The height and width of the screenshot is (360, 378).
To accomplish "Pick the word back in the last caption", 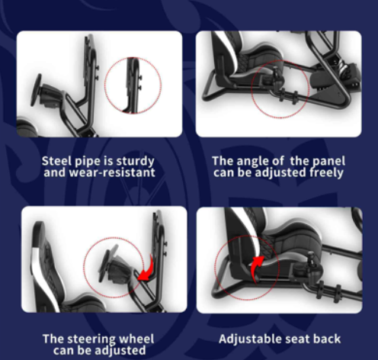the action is click(x=327, y=339).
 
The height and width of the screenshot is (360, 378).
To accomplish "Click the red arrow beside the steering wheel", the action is click(x=146, y=270).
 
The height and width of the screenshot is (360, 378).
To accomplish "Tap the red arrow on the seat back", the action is click(x=256, y=268).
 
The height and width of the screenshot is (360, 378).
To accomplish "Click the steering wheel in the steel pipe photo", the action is click(x=37, y=90).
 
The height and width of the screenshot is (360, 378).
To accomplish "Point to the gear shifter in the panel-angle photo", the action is click(x=278, y=77).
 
